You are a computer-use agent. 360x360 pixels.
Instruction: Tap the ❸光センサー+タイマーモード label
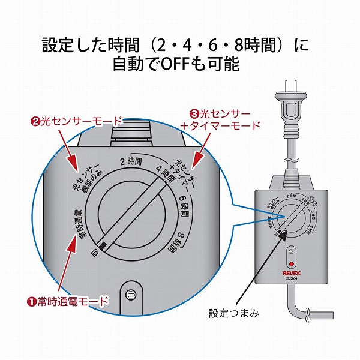point(225,119)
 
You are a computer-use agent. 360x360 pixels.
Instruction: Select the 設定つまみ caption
point(234,313)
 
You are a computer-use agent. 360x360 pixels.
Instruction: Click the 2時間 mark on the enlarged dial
point(131,161)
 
